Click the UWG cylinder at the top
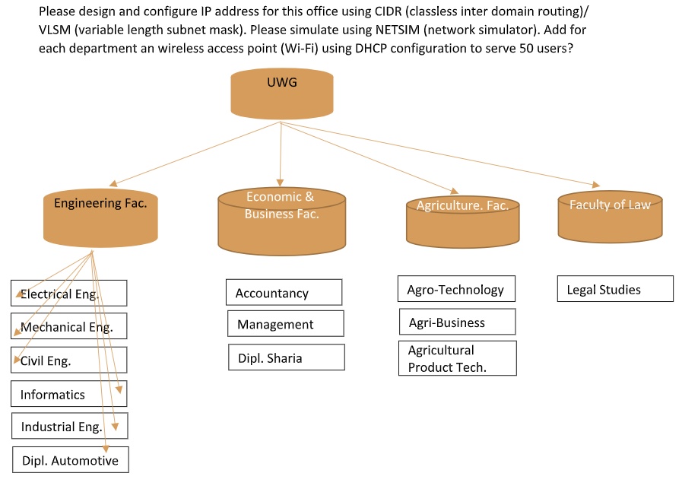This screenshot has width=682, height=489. [282, 94]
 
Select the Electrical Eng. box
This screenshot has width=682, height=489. [68, 294]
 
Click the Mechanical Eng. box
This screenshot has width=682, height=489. [68, 326]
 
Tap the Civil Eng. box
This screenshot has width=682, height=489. [68, 360]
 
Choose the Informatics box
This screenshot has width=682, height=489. [68, 394]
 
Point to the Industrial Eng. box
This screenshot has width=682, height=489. [68, 426]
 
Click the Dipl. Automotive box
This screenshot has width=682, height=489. [70, 460]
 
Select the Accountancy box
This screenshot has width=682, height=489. [284, 293]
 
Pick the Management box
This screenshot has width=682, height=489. [285, 324]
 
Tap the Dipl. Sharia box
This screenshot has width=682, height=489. [286, 357]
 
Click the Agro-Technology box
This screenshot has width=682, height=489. [456, 289]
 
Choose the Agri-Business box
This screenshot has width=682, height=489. [457, 322]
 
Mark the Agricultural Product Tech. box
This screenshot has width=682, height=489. [457, 358]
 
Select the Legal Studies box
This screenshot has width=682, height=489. [614, 289]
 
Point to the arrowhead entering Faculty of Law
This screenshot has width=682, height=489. [595, 184]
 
